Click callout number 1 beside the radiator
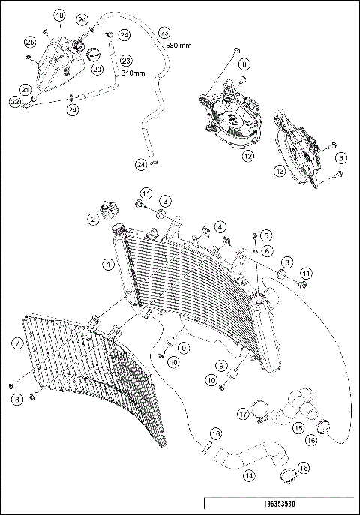coord(109,264)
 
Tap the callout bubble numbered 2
coord(93,219)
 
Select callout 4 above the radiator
coord(220,226)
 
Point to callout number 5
coord(265,235)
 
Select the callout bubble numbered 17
coord(243,413)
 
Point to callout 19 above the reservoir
coord(60,16)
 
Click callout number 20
coord(97,70)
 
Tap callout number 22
coord(15,101)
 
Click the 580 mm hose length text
coord(178,46)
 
